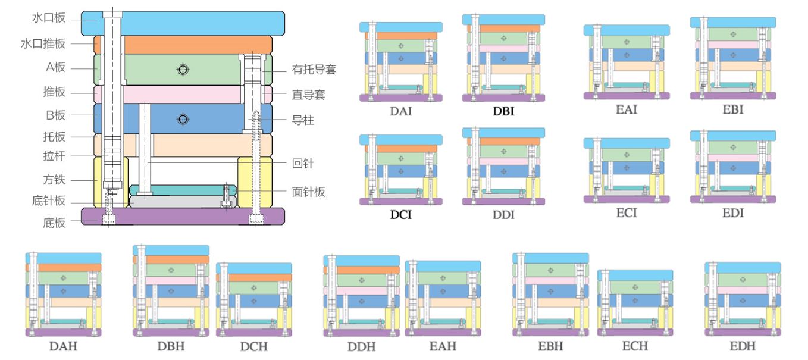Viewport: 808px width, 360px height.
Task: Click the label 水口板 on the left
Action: [x=48, y=18]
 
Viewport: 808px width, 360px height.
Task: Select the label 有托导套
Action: [x=314, y=70]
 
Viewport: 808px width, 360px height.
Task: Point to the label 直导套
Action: [x=308, y=95]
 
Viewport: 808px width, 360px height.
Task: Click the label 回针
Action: [x=303, y=163]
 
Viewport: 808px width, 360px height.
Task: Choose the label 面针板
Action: [x=308, y=192]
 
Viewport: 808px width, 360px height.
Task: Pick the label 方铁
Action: [x=54, y=179]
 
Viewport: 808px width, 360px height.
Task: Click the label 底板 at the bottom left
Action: [x=54, y=223]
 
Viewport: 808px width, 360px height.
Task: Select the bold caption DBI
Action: [x=503, y=111]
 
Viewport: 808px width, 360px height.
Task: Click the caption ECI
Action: [x=627, y=212]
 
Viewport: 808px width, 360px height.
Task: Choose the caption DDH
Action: [x=361, y=346]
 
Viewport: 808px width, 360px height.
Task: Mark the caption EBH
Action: [x=550, y=346]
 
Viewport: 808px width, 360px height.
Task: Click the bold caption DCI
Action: [x=400, y=214]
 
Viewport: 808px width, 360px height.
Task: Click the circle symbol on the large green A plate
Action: [x=183, y=70]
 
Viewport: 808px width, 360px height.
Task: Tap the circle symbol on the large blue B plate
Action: [x=183, y=120]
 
